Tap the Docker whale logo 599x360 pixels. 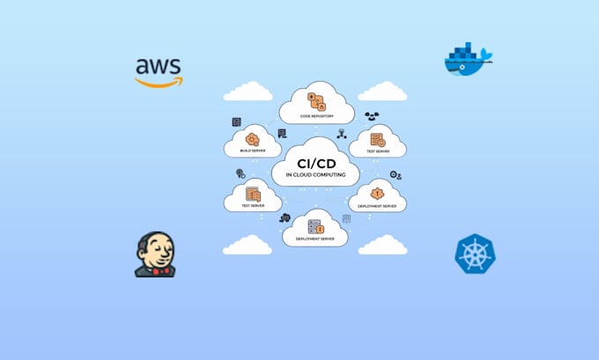click(467, 61)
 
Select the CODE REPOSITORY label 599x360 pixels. click(316, 115)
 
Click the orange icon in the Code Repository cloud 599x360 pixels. click(316, 99)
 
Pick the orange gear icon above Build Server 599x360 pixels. click(253, 139)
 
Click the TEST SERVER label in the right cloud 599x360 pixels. click(378, 151)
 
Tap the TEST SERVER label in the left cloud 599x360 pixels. click(253, 206)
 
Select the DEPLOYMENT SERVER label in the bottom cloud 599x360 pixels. click(314, 239)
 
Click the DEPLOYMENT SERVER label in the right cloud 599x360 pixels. click(377, 206)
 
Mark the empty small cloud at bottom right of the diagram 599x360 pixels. click(382, 244)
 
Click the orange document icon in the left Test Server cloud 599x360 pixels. click(253, 193)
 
